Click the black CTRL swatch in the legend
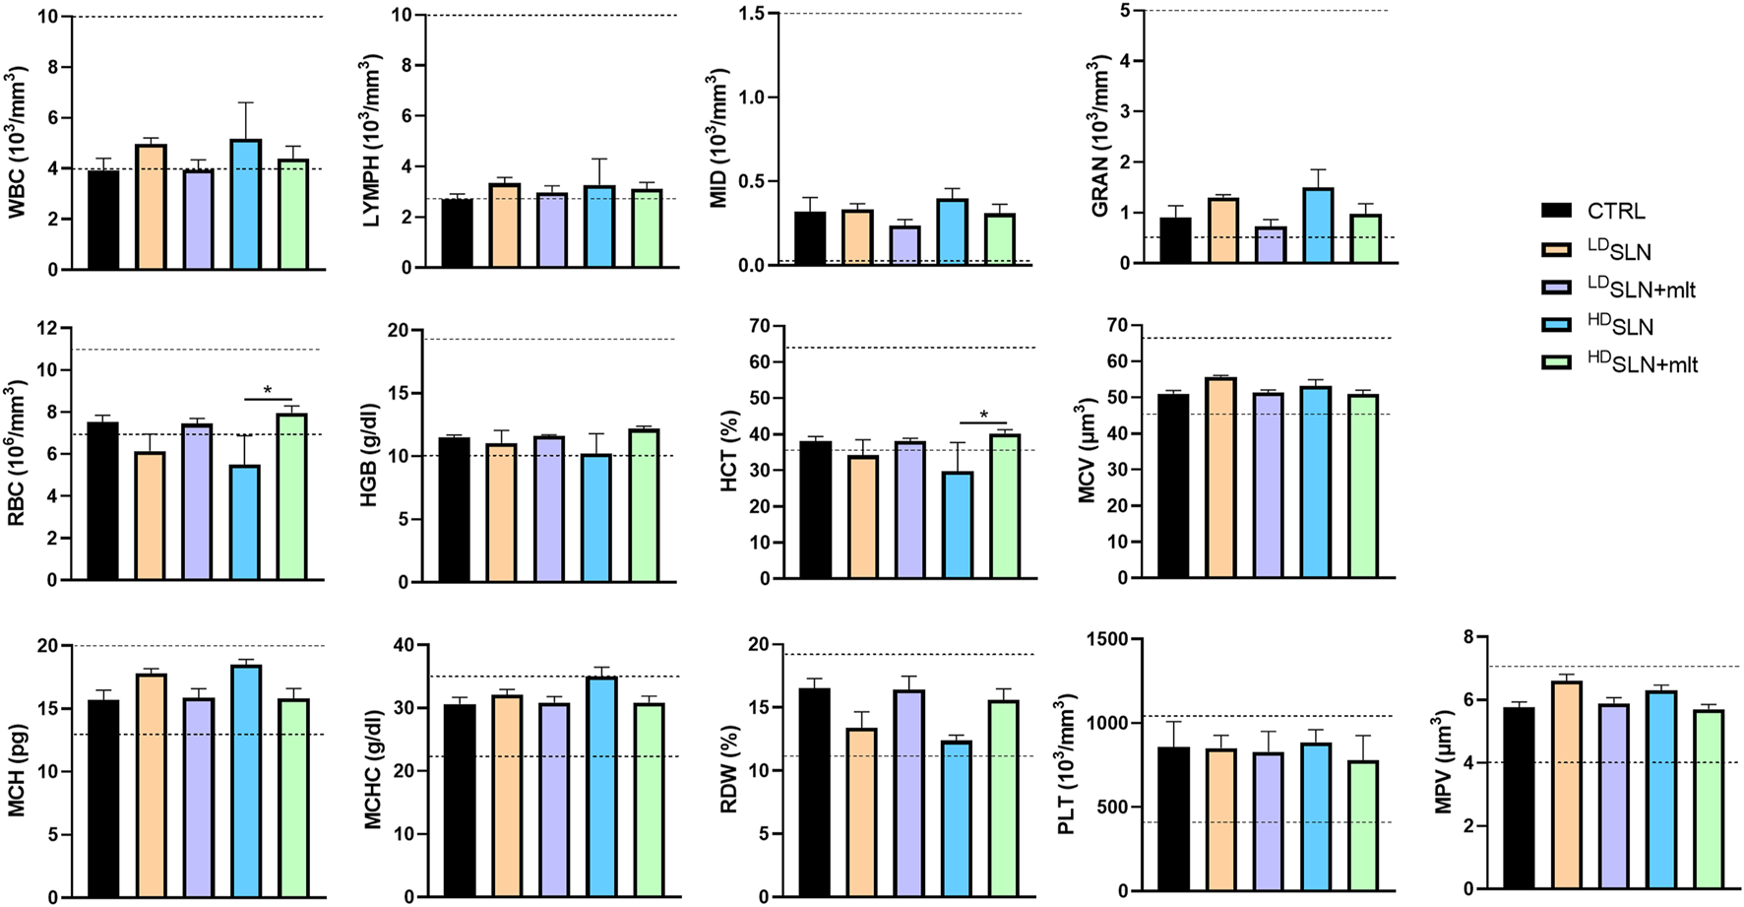click(x=1556, y=211)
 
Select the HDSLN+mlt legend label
click(x=1642, y=362)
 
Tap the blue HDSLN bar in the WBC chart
click(x=245, y=205)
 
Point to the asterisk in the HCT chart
click(x=984, y=415)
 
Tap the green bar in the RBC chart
click(x=291, y=496)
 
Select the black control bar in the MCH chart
click(x=103, y=799)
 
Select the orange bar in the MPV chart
click(x=1566, y=785)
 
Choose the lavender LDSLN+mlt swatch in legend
click(x=1556, y=287)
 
